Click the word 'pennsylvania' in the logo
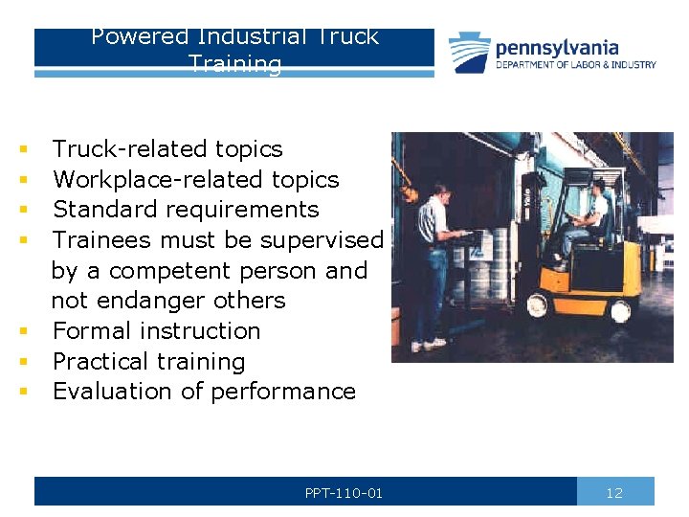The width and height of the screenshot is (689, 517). (x=557, y=47)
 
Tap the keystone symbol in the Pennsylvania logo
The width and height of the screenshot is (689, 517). (x=470, y=52)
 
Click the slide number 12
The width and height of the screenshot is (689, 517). (x=614, y=493)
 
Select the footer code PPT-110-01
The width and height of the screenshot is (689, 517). (x=344, y=493)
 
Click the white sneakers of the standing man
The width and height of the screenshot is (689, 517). (x=435, y=343)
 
